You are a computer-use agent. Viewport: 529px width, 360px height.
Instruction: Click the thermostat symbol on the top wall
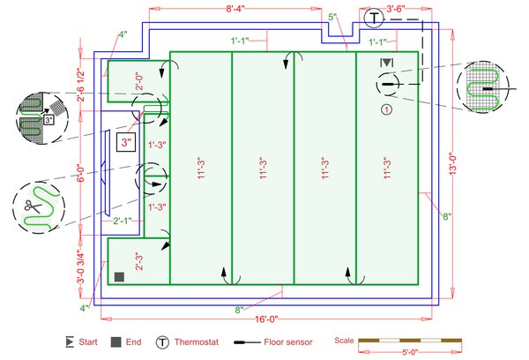[374, 19]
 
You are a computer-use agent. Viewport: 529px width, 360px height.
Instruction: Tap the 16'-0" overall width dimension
[266, 319]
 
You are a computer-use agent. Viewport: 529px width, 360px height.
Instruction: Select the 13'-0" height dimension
[453, 164]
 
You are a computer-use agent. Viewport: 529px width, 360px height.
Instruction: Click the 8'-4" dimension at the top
[235, 9]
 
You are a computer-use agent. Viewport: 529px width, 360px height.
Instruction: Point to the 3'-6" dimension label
[395, 9]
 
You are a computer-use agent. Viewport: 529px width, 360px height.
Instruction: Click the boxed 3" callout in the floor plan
[126, 142]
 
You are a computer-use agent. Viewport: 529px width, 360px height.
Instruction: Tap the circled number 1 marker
[387, 109]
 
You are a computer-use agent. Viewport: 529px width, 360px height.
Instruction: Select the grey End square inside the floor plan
[119, 277]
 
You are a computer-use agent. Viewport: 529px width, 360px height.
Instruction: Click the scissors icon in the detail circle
[33, 206]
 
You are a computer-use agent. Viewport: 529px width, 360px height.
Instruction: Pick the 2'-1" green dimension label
[123, 221]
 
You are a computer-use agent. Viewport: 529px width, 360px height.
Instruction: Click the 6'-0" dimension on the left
[80, 173]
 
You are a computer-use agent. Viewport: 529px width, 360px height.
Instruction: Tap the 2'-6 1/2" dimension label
[80, 85]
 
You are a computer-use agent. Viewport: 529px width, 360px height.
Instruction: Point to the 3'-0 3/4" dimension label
[80, 266]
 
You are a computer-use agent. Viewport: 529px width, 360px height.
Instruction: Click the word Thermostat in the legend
[197, 342]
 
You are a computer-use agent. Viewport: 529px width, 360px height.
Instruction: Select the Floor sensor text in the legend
[288, 342]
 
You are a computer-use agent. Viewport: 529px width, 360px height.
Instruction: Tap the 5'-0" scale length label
[410, 352]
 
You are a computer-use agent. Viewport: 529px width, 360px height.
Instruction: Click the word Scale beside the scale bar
[344, 341]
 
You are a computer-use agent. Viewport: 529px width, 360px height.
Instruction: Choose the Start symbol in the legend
[70, 341]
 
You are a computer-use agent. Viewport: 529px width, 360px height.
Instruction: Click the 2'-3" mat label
[139, 261]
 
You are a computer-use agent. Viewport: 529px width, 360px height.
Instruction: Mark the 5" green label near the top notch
[332, 17]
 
